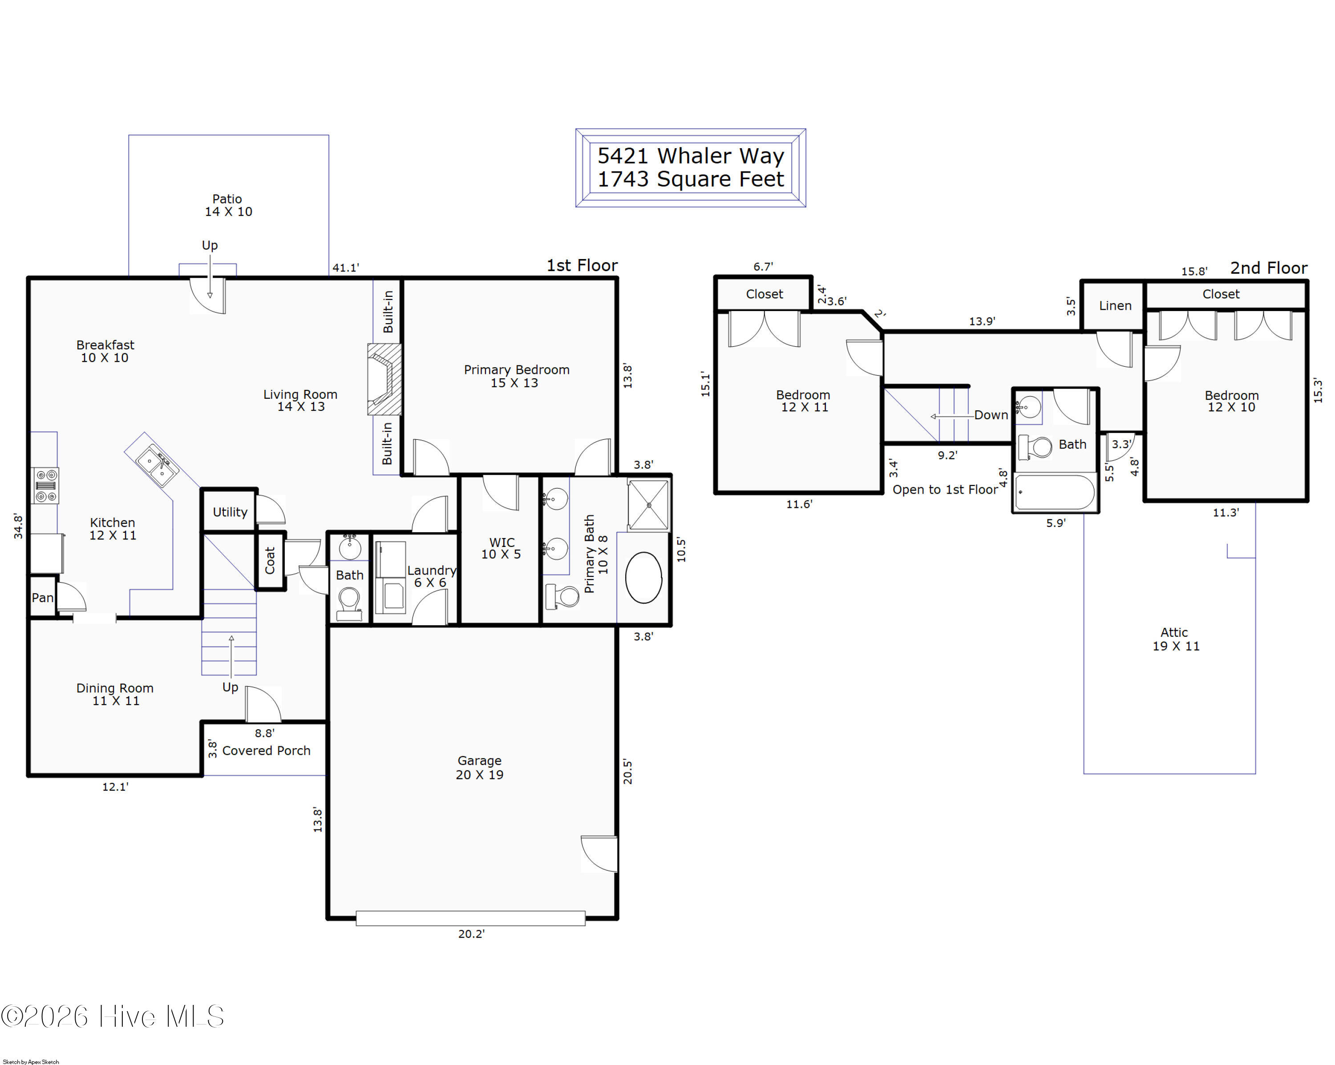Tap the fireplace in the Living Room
(x=384, y=379)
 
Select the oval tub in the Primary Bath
(x=643, y=577)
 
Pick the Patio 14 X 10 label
(x=228, y=205)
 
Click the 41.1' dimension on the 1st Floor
(x=345, y=267)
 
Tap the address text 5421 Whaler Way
(x=690, y=155)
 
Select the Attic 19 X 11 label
(x=1175, y=639)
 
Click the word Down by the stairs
(x=991, y=415)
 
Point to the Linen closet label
(x=1115, y=305)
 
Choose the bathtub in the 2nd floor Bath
(x=1055, y=492)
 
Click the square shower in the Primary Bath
(x=648, y=505)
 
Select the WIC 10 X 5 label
(x=501, y=548)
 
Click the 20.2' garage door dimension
(x=471, y=934)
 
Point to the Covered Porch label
(x=266, y=750)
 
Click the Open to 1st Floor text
(x=945, y=489)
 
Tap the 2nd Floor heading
(x=1269, y=267)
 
